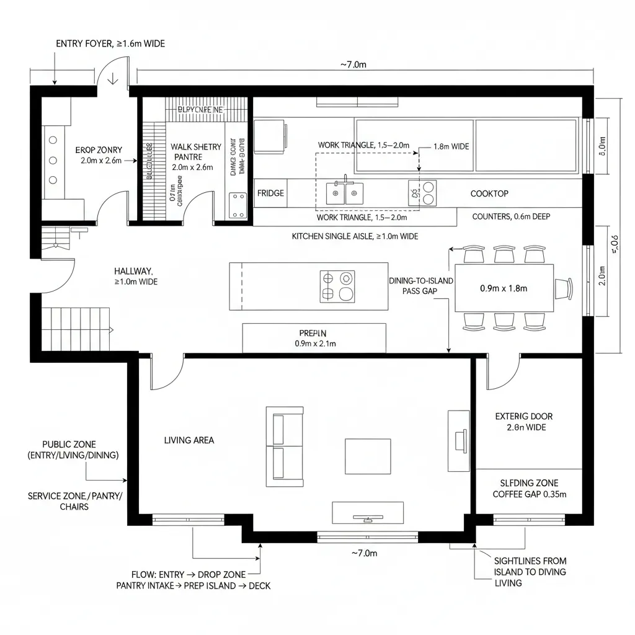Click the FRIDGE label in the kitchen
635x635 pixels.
click(x=270, y=193)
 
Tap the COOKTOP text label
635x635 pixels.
click(x=489, y=194)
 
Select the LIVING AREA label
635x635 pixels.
click(x=189, y=440)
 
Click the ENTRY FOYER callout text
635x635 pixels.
click(x=110, y=44)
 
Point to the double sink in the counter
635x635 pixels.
click(x=345, y=192)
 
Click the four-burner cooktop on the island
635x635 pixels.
click(x=337, y=286)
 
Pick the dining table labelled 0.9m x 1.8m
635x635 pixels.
click(x=504, y=288)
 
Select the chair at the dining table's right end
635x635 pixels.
click(x=564, y=288)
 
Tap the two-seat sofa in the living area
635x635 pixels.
click(x=285, y=446)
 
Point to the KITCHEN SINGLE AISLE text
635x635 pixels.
click(x=355, y=236)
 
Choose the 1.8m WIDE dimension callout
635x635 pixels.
click(x=450, y=147)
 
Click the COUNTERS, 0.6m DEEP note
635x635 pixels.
click(x=511, y=217)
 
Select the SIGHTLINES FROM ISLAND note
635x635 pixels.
click(x=530, y=571)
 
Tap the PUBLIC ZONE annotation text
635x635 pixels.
click(x=73, y=450)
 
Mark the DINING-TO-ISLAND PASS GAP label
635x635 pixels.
click(x=421, y=286)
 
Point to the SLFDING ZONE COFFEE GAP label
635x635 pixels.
click(x=529, y=489)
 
